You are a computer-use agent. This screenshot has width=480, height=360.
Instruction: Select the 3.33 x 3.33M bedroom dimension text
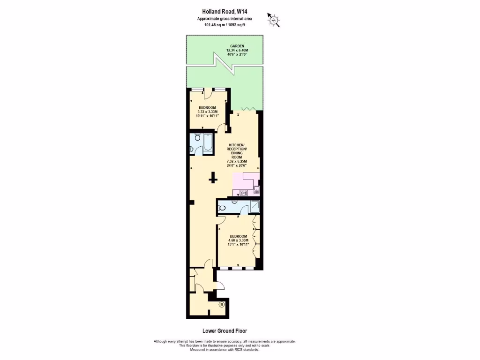click(x=208, y=112)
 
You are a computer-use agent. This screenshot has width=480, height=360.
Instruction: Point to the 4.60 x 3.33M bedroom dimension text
click(x=239, y=241)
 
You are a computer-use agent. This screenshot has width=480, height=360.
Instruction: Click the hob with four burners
click(x=243, y=192)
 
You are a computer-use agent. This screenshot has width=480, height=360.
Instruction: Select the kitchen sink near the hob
click(x=256, y=190)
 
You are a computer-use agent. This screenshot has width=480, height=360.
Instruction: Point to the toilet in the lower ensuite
click(x=222, y=208)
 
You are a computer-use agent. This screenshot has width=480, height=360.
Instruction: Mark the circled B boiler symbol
click(x=222, y=305)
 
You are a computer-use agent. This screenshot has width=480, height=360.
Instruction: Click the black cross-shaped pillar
click(x=213, y=178)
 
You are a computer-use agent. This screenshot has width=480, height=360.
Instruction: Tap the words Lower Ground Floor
click(x=225, y=330)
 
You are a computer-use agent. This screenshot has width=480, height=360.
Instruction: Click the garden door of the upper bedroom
click(x=209, y=94)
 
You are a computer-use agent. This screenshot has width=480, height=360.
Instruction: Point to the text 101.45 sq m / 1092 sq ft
click(x=225, y=25)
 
